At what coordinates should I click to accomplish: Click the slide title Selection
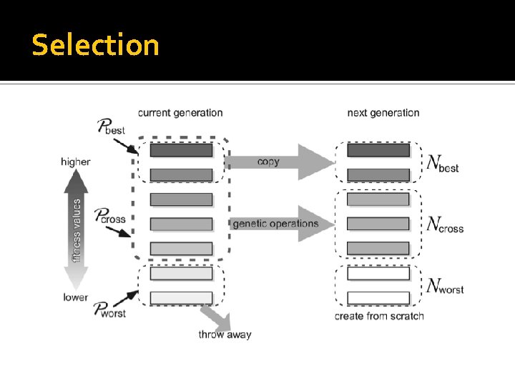pos(95,45)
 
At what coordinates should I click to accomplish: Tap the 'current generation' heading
pos(180,112)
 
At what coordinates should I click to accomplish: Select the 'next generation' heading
pos(383,112)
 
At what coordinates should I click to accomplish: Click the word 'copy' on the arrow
pos(268,162)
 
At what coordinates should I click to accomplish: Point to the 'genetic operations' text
pos(275,224)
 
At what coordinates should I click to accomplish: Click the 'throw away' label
pos(225,334)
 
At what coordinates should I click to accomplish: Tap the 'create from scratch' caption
pos(379,316)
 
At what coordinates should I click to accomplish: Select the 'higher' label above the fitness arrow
pos(76,162)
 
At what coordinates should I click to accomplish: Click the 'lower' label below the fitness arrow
pos(76,297)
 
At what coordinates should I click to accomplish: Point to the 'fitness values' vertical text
pos(77,229)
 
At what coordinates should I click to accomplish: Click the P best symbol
pos(110,128)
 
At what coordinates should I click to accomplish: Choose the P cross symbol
pos(110,215)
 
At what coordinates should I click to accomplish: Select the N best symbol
pos(442,164)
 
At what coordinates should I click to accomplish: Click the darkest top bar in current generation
pos(181,150)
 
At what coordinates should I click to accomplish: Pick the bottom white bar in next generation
pos(378,297)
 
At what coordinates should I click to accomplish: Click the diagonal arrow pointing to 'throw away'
pos(214,315)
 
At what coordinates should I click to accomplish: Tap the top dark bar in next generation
pos(378,150)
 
